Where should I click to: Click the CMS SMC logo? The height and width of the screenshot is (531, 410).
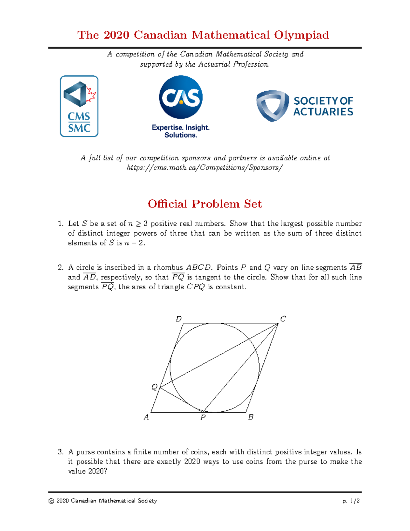coord(79,106)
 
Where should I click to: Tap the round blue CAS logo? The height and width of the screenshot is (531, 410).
coord(181,97)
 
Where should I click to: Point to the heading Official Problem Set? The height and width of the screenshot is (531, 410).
coord(205,204)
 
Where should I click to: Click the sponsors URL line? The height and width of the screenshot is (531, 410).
coord(205,168)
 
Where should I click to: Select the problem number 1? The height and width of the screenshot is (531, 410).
coord(60,224)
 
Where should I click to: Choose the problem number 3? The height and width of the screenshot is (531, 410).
coord(60,452)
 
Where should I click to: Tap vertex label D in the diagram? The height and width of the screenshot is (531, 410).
coord(178,319)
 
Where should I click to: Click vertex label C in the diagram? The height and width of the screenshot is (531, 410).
coord(283,319)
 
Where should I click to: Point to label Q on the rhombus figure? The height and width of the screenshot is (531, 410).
coord(154,387)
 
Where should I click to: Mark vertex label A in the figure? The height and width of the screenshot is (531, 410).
coord(146,417)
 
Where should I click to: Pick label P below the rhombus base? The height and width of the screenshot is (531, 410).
coord(203,417)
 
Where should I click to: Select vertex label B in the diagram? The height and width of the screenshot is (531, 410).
coord(251,417)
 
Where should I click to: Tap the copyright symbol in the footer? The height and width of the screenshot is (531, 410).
coord(51,501)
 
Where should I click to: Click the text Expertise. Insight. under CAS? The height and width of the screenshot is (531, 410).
coord(180,128)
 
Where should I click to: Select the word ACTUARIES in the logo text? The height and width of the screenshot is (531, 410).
coord(323,112)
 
